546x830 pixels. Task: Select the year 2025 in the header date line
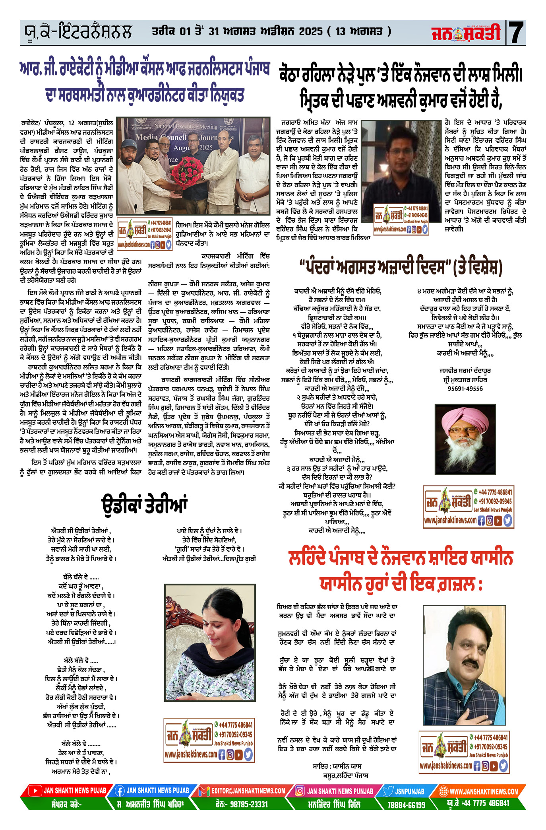tap(310, 31)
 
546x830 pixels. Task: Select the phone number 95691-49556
tap(465, 389)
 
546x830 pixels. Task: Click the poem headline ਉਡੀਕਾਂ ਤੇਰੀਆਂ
tap(144, 505)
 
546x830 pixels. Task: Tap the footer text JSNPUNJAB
tap(409, 791)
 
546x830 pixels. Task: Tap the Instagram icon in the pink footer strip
tap(300, 791)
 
